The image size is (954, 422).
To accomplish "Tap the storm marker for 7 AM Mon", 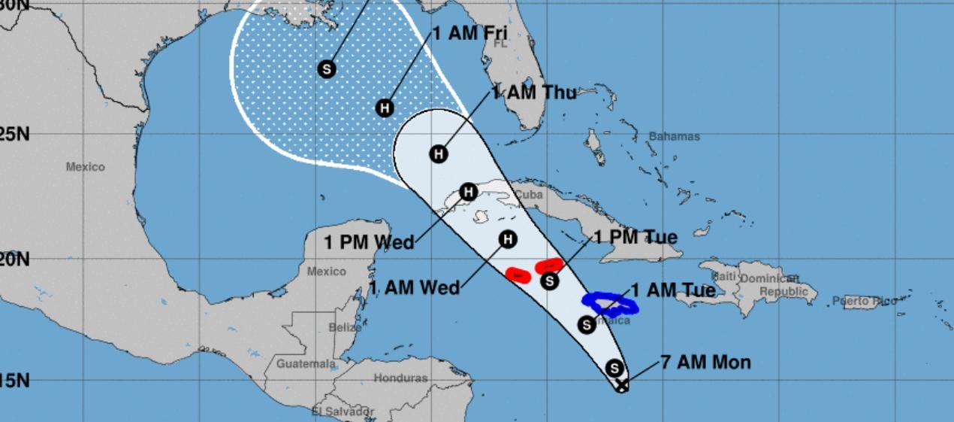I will pos(614,369).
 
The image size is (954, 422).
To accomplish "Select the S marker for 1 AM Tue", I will pos(587,325).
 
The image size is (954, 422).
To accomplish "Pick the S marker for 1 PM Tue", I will pos(550,281).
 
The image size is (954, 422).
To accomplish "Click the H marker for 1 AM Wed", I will pos(508,239).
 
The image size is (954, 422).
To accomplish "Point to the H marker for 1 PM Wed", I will pos(468,192).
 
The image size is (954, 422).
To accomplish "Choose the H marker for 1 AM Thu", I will pos(439,154).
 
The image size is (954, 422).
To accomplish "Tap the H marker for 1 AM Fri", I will pos(385,108).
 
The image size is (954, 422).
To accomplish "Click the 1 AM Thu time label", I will pos(534,93).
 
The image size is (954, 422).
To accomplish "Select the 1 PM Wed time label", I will pos(369,242).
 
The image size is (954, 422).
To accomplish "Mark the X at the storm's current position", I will pos(622,385).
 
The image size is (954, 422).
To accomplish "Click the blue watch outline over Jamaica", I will pos(610,302).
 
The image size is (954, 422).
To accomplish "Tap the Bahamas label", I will pos(674,137).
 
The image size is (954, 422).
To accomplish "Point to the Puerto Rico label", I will pos(865,302).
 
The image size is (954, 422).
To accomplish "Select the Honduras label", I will pos(400,378).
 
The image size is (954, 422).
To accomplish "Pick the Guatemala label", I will pos(306,364).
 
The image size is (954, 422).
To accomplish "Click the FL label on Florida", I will pos(500,44).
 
